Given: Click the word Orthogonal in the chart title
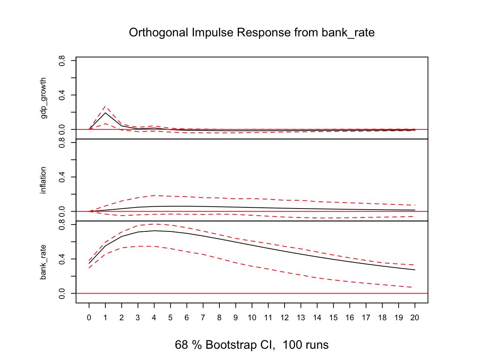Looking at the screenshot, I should [159, 33].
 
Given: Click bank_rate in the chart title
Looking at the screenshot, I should [348, 33].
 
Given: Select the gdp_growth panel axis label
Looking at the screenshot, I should [43, 98].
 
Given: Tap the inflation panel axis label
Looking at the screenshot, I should [43, 180].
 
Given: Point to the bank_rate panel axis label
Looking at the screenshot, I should [43, 262].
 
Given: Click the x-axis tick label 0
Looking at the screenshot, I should [89, 318].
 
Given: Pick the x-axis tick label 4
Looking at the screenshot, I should [154, 318].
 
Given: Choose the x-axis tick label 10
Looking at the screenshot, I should [252, 318].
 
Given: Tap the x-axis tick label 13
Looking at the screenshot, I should [301, 318].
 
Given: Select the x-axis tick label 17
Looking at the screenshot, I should [366, 318].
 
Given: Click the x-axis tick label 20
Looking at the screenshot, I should [415, 318].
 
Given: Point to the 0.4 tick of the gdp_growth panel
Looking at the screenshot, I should [62, 95].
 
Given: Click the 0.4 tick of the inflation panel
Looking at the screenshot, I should [62, 177].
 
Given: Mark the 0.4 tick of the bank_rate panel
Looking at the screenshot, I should [62, 259].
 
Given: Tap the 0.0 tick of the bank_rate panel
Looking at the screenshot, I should [62, 293].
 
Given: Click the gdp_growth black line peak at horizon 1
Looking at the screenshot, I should [105, 113].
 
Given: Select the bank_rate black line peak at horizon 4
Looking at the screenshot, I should [154, 231].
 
